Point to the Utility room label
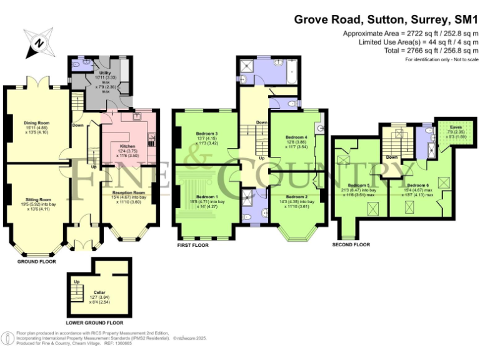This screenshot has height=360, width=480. (105, 73)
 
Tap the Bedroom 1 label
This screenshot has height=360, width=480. (206, 196)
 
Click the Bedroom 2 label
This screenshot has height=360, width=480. (297, 197)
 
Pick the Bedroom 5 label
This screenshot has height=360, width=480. (358, 186)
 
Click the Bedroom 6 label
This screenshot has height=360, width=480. (417, 185)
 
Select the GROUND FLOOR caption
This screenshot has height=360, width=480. (36, 262)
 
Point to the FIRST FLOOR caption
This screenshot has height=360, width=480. (192, 246)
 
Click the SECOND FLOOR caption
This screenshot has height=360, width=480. (352, 244)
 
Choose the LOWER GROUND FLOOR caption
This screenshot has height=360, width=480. (95, 323)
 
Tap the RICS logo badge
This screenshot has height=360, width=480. (7, 338)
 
